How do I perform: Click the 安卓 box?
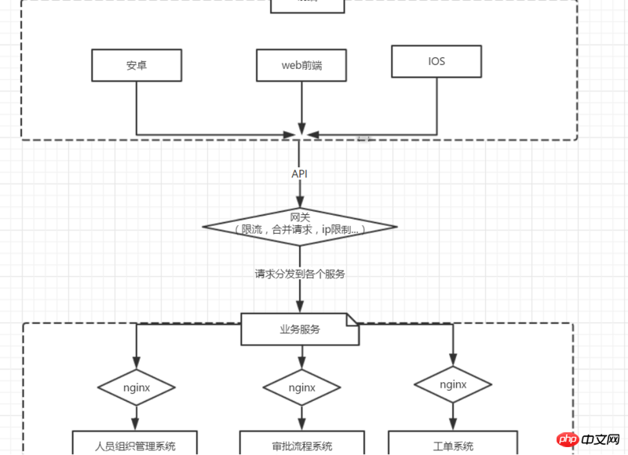pos(137,65)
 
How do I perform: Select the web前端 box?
pos(301,65)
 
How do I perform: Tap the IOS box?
pos(436,61)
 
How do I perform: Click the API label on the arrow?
pos(299,173)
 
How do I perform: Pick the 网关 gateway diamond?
pos(300,225)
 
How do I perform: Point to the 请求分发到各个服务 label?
pos(300,275)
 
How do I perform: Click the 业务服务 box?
pos(299,329)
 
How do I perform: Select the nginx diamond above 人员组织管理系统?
pos(137,387)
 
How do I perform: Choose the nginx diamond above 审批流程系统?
pos(301,388)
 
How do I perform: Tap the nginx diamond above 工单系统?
pos(453,384)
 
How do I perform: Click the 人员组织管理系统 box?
pos(135,446)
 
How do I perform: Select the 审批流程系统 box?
pos(301,446)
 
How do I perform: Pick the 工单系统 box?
pos(453,446)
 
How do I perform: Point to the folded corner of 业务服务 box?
pos(352,319)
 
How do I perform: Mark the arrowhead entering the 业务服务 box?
pos(299,308)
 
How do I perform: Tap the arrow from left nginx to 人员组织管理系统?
pos(137,417)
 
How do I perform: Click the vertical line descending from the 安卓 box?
pos(137,106)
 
